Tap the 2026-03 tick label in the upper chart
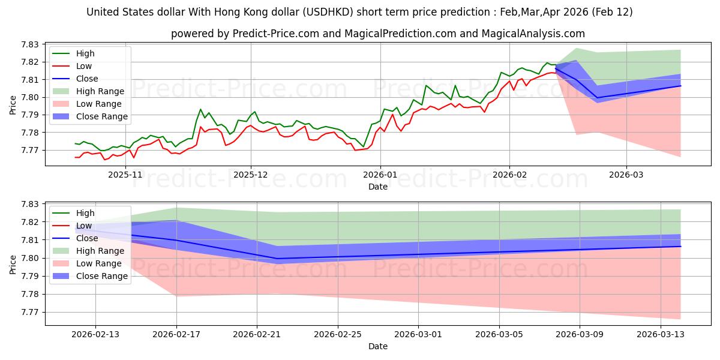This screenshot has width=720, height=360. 626,175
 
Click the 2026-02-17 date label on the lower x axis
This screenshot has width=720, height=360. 176,334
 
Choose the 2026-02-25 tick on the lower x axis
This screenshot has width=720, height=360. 338,334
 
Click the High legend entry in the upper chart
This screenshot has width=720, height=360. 85,53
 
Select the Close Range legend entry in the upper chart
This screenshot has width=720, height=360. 101,116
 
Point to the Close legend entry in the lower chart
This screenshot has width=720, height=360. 87,238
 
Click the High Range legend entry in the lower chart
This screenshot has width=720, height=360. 100,251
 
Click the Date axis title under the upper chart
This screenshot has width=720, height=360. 378,186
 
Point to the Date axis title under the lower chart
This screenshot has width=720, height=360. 378,346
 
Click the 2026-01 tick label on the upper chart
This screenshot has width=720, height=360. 380,175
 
